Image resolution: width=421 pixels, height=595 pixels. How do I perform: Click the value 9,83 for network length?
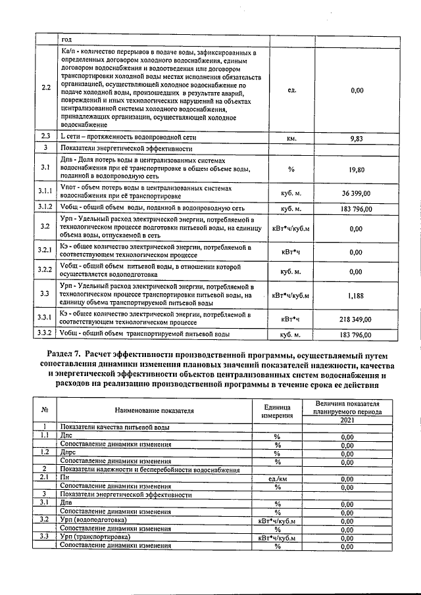click(357, 139)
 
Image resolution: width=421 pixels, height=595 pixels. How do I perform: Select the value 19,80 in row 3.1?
click(357, 169)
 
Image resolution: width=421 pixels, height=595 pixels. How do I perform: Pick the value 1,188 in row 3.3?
click(357, 296)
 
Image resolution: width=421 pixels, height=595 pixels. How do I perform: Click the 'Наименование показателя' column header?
click(155, 410)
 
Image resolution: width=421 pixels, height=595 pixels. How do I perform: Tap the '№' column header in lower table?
click(44, 410)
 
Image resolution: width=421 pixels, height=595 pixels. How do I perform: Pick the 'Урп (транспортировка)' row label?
click(93, 537)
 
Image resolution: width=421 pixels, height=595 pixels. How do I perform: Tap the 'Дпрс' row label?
click(68, 453)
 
